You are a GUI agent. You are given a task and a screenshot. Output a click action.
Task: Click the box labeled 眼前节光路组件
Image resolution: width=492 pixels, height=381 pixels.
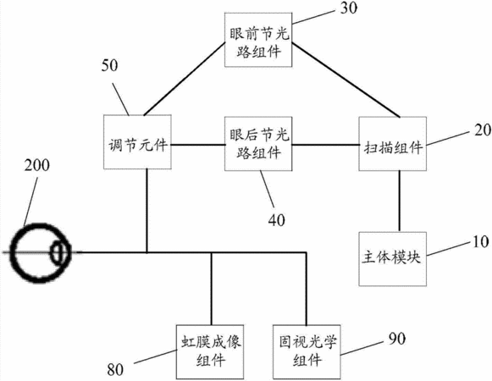click(x=258, y=40)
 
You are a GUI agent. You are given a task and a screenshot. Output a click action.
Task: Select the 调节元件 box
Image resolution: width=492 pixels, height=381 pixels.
click(x=137, y=142)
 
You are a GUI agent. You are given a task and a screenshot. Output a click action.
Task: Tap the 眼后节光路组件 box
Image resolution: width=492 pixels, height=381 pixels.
click(x=258, y=144)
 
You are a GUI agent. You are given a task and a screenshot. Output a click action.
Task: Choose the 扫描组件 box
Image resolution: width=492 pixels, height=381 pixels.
click(x=393, y=144)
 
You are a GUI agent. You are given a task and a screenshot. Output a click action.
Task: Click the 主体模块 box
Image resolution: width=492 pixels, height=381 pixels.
click(x=393, y=259)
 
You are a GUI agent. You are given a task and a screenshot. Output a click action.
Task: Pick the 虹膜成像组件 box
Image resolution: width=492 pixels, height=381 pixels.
click(x=210, y=352)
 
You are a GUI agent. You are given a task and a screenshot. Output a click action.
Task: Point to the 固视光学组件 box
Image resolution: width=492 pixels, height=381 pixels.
click(x=307, y=352)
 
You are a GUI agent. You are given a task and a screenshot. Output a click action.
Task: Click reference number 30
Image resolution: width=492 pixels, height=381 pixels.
click(x=349, y=8)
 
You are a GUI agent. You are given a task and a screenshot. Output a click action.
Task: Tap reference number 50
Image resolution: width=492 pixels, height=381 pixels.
click(x=109, y=65)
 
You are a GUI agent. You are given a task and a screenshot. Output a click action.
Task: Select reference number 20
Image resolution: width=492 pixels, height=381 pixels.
click(x=483, y=130)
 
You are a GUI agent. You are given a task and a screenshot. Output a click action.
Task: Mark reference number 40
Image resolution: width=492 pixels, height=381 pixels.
click(x=276, y=220)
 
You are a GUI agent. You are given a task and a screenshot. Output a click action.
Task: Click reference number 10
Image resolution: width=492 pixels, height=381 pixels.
click(x=481, y=241)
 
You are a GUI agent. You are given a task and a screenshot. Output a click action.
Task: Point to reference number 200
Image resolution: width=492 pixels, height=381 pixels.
click(x=37, y=165)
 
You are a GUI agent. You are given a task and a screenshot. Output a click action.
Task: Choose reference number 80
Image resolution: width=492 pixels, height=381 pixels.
click(x=115, y=369)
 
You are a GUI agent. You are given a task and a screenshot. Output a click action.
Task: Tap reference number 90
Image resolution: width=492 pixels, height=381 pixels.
click(x=397, y=339)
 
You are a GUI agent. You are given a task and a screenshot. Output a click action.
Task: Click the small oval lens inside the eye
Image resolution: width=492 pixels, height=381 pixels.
click(x=58, y=252)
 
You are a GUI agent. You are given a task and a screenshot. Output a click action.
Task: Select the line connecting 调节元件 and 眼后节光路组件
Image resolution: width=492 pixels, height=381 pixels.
click(x=198, y=145)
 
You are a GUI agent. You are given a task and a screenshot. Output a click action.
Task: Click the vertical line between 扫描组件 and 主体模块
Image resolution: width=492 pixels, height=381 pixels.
click(x=399, y=202)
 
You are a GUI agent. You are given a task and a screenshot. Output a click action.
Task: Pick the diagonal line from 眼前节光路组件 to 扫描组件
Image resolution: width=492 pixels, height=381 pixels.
click(x=346, y=80)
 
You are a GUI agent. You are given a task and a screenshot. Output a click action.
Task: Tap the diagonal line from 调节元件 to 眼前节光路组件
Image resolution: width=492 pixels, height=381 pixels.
click(x=185, y=79)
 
